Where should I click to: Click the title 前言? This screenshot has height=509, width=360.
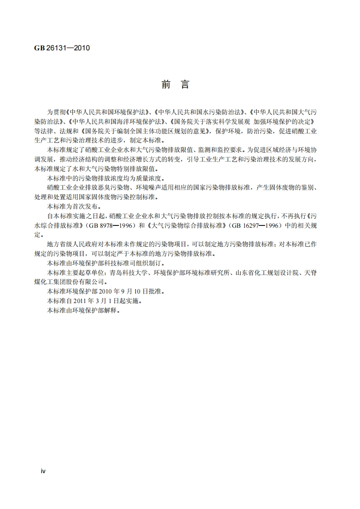[x=175, y=85]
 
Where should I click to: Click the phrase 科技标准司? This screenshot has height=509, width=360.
[x=113, y=263]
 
